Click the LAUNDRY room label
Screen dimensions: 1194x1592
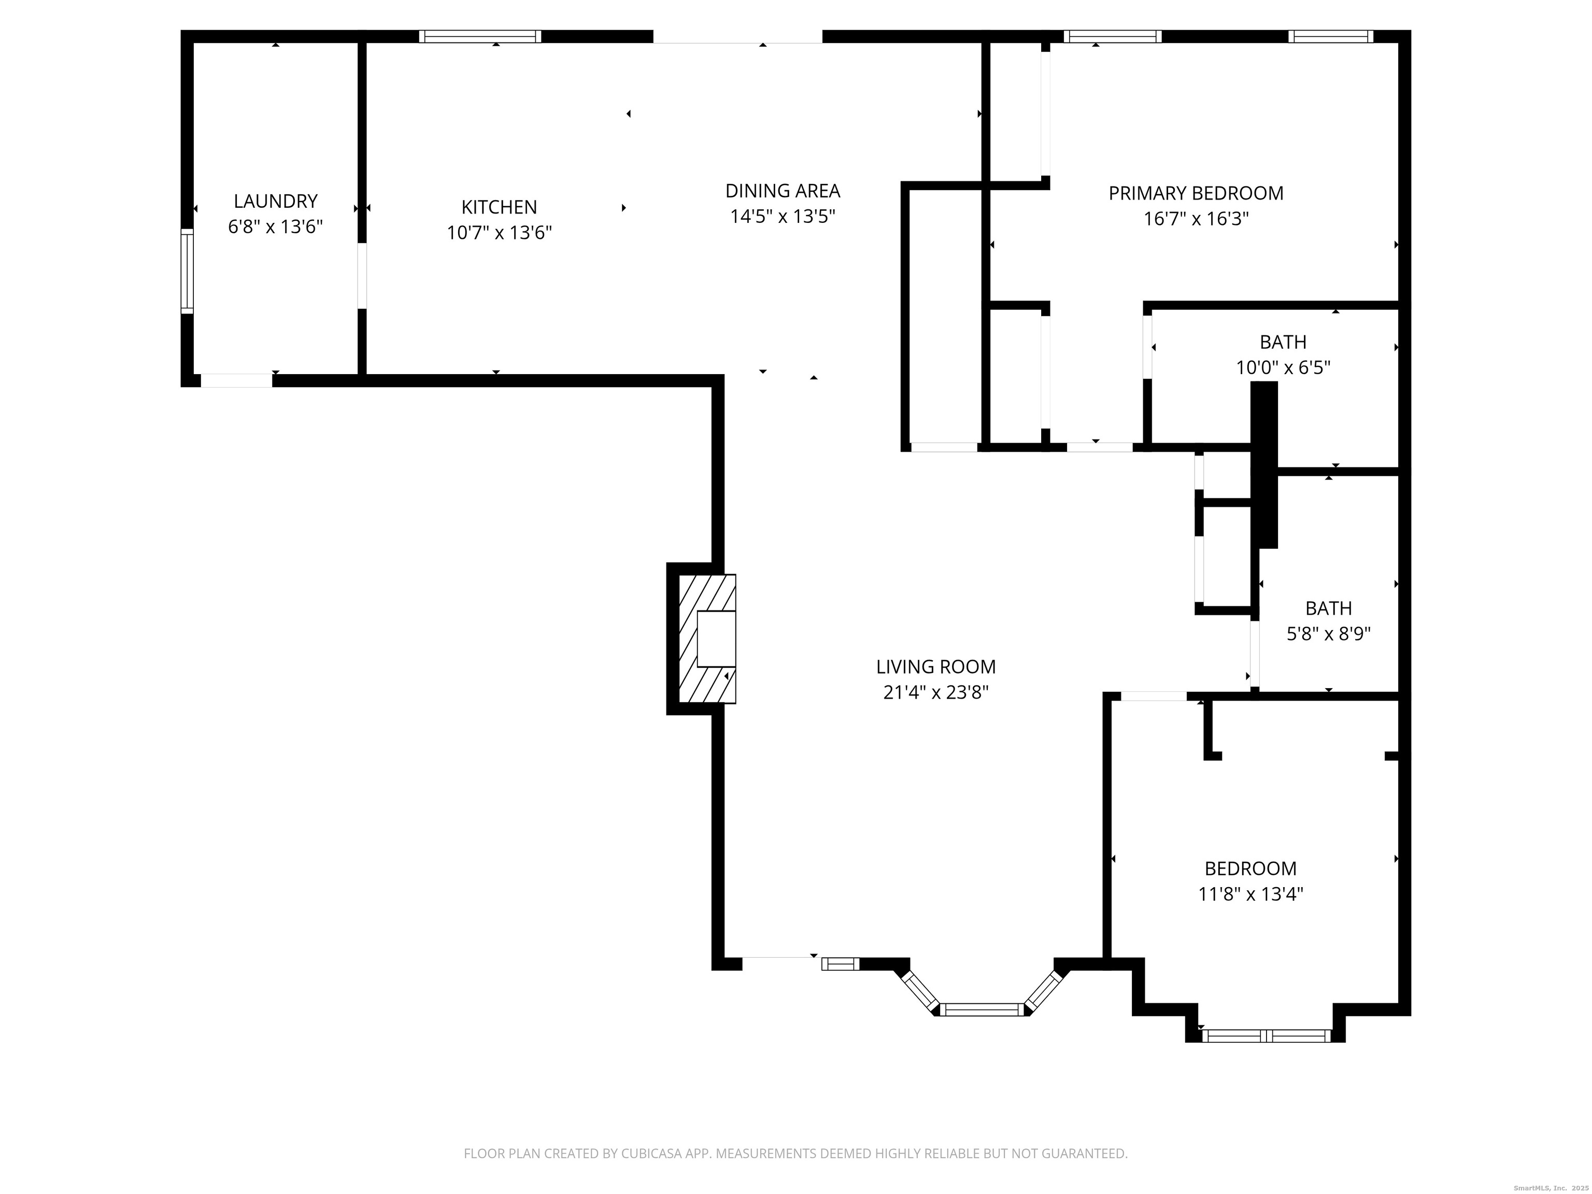coord(275,201)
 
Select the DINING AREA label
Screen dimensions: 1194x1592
coord(783,191)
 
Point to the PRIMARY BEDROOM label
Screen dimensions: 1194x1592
coord(1196,193)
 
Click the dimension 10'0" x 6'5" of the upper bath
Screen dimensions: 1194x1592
coord(1283,368)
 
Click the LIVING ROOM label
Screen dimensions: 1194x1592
coord(935,666)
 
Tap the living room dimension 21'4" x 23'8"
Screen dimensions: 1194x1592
coord(935,692)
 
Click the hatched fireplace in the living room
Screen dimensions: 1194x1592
coord(707,638)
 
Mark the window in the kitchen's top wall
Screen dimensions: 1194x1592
coord(480,36)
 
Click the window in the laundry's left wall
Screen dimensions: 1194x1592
coord(187,272)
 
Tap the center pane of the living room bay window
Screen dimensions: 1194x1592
coord(983,1010)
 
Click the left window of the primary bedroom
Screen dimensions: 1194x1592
coord(1112,36)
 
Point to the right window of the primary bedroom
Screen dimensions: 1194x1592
coord(1330,36)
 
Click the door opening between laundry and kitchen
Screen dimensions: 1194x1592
coord(362,276)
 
